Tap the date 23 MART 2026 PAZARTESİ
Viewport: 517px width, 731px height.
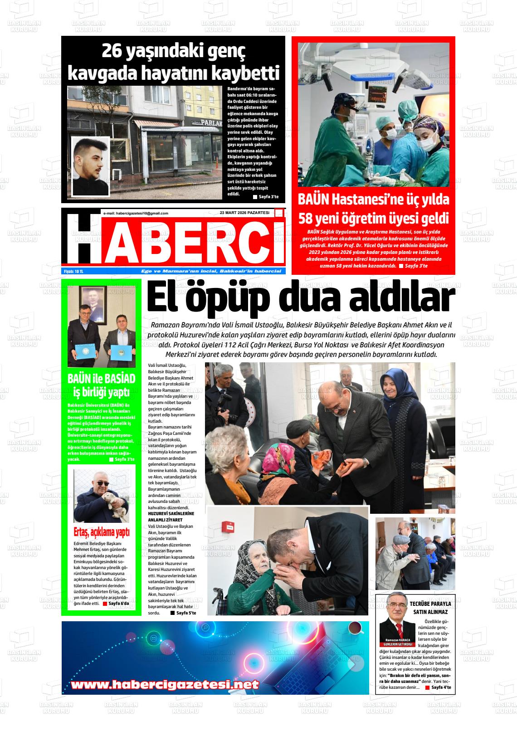244,213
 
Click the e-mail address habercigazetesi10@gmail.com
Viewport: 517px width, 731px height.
136,213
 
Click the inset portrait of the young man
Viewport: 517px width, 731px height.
91,166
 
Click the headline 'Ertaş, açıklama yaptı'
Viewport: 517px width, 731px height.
101,531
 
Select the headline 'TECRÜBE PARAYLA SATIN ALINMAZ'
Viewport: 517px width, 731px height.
430,608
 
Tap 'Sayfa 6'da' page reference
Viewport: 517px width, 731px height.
118,604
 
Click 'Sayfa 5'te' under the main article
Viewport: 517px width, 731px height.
186,613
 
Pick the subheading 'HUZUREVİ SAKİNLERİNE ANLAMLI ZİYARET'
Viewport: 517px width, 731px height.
171,517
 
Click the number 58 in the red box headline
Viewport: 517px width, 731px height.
309,219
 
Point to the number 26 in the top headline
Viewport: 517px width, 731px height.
113,52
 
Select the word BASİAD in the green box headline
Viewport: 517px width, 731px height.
120,379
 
